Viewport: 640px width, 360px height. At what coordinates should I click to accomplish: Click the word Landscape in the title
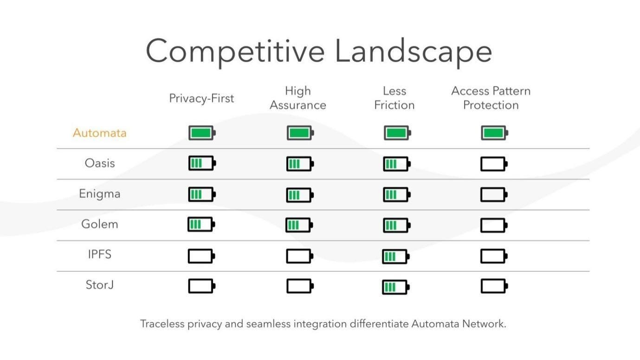click(x=413, y=51)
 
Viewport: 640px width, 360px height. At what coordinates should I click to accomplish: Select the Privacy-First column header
click(x=201, y=98)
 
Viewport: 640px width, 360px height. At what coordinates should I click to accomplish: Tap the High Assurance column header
click(x=298, y=98)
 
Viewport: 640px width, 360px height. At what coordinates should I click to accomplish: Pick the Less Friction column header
click(x=394, y=98)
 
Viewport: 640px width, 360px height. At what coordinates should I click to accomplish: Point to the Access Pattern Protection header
click(x=491, y=98)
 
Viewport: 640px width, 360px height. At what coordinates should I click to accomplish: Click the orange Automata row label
click(x=99, y=133)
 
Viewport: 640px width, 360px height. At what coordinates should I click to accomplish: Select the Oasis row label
click(x=100, y=163)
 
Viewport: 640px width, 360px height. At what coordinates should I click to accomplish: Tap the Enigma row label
click(x=99, y=194)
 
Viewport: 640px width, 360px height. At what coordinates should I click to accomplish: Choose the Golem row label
click(x=99, y=224)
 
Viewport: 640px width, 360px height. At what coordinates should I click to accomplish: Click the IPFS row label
click(x=100, y=255)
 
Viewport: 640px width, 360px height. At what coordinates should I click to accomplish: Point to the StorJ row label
click(x=100, y=285)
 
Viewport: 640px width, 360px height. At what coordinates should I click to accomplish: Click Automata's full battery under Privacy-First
click(x=202, y=133)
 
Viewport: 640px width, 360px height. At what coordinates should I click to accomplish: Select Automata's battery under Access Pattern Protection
click(x=494, y=134)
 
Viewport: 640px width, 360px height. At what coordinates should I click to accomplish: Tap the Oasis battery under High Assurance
click(x=300, y=164)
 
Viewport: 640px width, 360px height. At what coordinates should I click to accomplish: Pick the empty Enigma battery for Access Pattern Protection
click(x=494, y=194)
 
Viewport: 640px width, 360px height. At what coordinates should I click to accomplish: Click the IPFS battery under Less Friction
click(x=396, y=257)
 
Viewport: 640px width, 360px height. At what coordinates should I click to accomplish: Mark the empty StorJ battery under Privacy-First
click(x=201, y=286)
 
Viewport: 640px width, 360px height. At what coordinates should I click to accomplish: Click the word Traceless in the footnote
click(x=162, y=324)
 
